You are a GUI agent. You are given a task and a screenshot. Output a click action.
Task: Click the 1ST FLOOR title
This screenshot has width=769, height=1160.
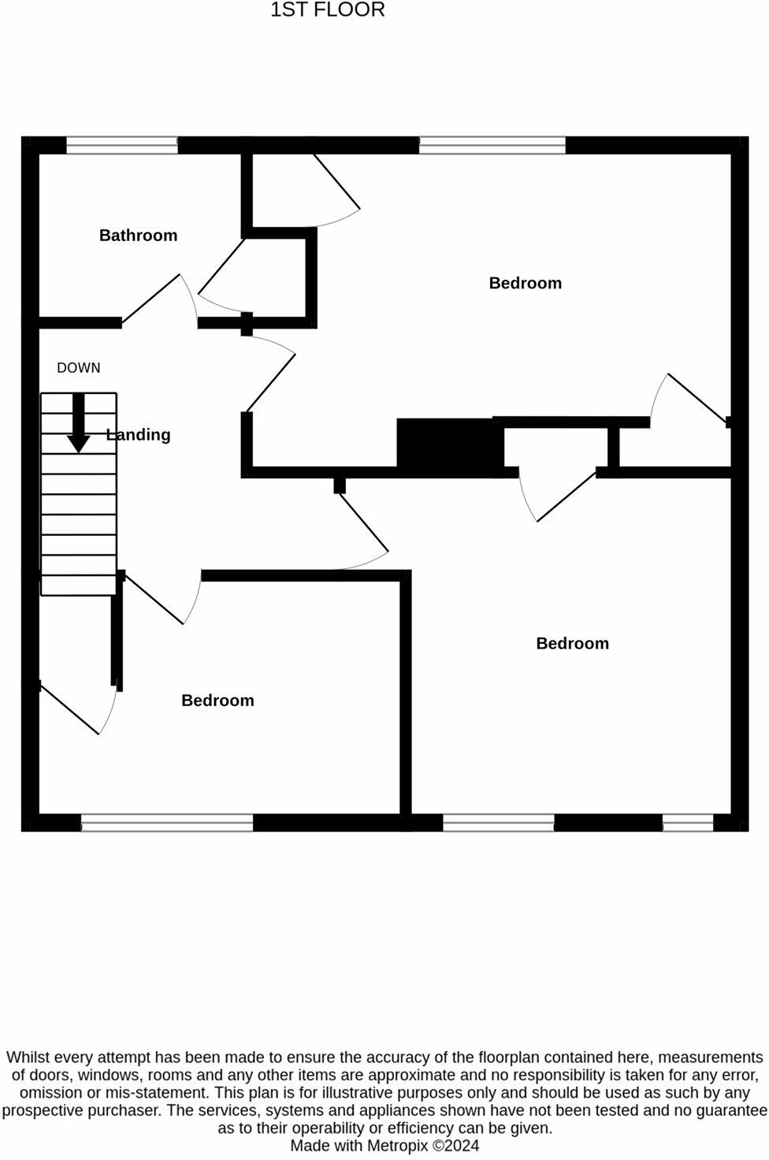[328, 10]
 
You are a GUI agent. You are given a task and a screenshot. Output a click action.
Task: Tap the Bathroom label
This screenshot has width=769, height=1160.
[138, 235]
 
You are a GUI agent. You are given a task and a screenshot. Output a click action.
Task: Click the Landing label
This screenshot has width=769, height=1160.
[139, 434]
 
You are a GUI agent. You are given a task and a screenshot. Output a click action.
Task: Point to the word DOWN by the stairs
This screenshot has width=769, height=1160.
[79, 367]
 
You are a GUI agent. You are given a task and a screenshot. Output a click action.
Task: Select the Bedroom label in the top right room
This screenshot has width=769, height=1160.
[525, 283]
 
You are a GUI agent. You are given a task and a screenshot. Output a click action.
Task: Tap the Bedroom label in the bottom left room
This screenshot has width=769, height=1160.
[217, 701]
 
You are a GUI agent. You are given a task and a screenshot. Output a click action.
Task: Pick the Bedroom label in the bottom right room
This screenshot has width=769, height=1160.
[572, 643]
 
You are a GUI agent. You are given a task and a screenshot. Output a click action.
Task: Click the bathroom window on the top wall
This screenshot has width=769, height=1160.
[122, 145]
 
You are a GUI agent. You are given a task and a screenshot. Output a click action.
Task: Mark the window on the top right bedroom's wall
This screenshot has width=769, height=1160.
[492, 145]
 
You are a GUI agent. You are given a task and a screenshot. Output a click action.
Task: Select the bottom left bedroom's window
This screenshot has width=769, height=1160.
[167, 823]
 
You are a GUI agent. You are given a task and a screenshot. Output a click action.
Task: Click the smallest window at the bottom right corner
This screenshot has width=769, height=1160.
[688, 823]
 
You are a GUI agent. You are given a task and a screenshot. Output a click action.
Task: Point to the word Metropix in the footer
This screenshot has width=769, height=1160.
[397, 1146]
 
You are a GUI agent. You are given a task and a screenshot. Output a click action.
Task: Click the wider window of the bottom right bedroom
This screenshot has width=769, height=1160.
[499, 823]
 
